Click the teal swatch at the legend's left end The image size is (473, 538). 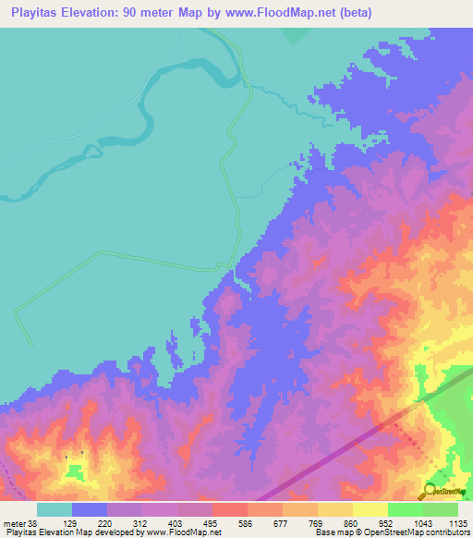tap(54, 509)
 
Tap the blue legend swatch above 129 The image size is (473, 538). tap(90, 509)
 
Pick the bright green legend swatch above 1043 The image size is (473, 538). tap(405, 509)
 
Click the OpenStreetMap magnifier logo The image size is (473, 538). tap(431, 490)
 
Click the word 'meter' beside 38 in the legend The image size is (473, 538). tap(14, 523)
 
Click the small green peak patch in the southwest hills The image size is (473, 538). tap(75, 472)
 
